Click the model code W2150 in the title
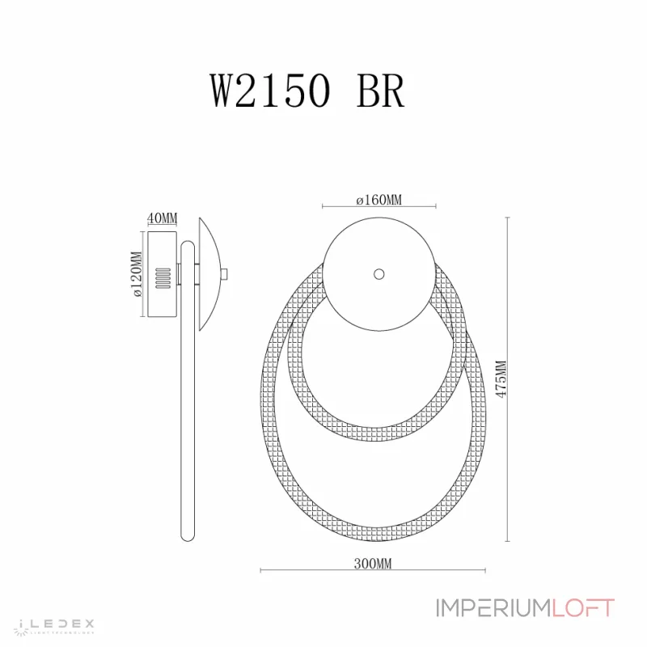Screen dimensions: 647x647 click(271, 92)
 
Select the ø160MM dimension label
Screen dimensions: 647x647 click(379, 200)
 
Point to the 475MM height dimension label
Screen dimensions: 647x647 click(501, 378)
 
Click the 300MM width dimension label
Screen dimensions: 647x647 click(374, 565)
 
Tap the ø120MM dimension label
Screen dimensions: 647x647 click(137, 273)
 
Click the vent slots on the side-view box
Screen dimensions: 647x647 click(161, 277)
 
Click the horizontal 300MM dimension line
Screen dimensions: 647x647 click(307, 571)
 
